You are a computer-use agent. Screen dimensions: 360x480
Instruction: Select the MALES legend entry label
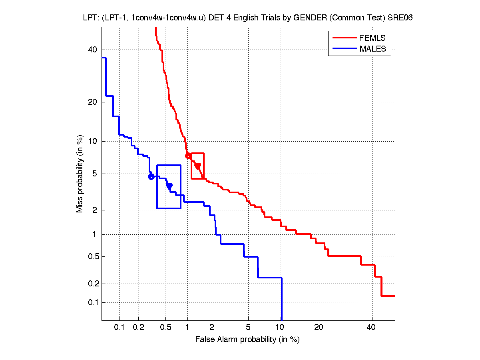372,49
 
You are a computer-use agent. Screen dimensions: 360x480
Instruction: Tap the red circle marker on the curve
188,156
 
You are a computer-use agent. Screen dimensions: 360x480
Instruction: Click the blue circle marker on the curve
151,176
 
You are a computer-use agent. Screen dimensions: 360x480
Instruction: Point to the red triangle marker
197,166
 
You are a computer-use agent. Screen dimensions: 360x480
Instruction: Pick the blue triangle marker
169,186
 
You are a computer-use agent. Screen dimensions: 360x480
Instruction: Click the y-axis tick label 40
93,50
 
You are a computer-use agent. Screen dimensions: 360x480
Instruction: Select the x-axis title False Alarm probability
247,340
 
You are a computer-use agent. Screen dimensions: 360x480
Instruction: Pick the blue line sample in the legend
344,49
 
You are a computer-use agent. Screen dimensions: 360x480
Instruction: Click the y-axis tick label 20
93,102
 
